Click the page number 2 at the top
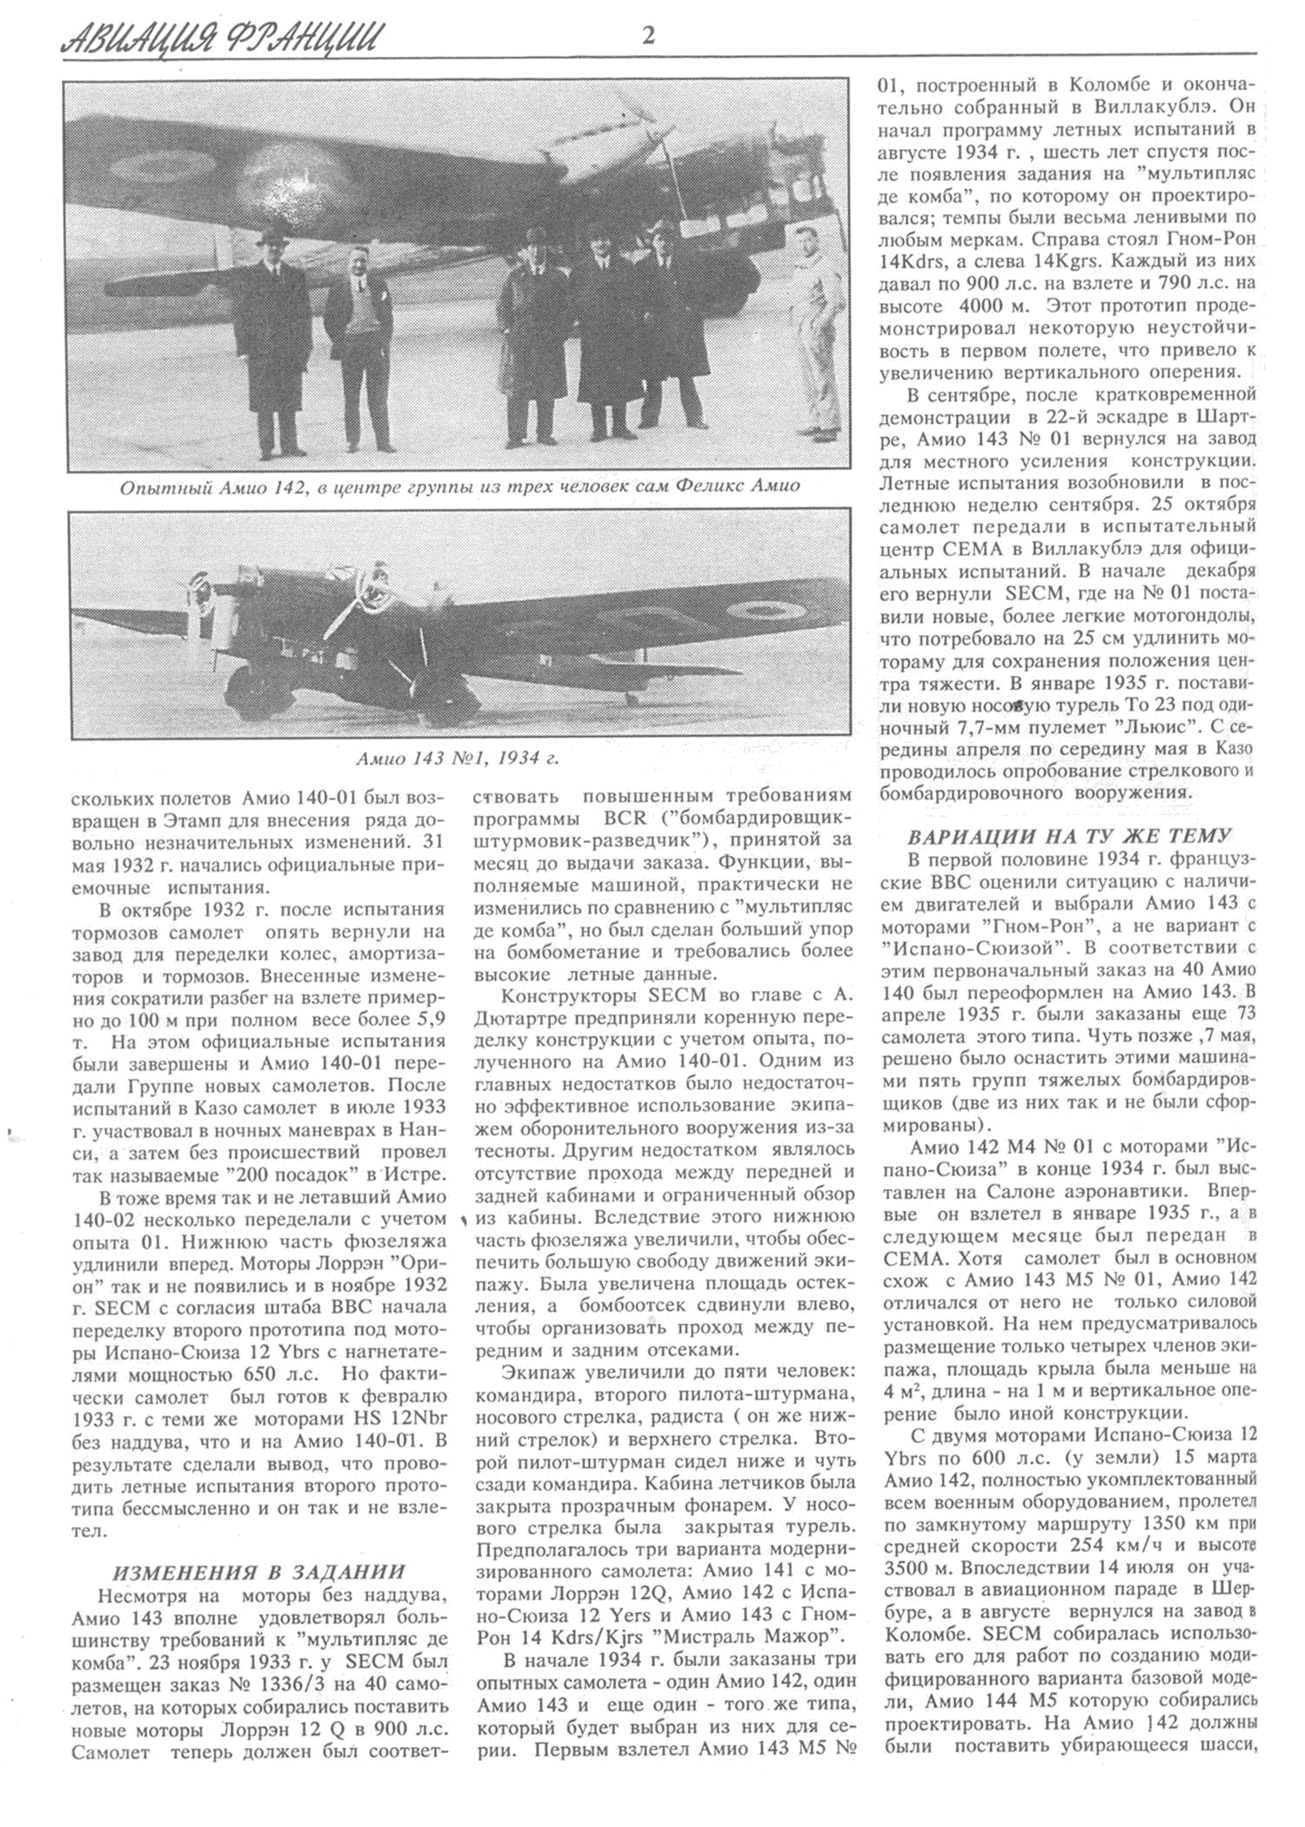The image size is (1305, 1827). (x=647, y=36)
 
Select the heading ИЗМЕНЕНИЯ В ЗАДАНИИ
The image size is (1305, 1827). (x=259, y=1571)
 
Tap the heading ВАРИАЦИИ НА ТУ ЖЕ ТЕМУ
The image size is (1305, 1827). (x=1069, y=836)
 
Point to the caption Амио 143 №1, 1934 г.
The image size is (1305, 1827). (x=458, y=758)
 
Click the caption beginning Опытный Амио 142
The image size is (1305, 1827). (x=459, y=486)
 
